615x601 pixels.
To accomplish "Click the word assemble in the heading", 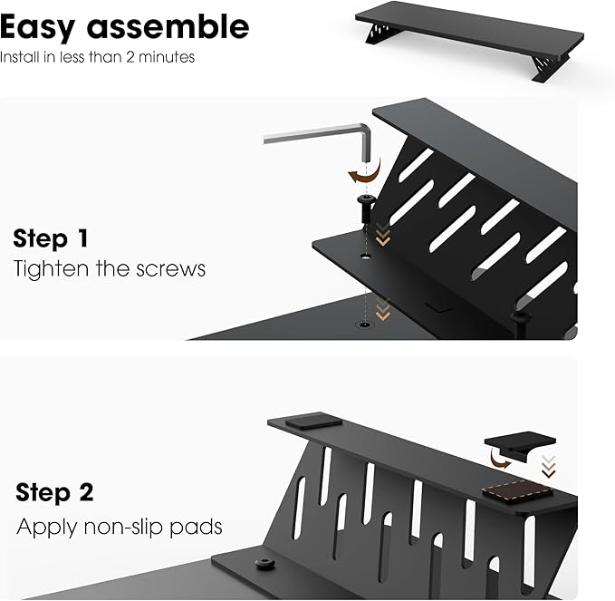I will point(169,27).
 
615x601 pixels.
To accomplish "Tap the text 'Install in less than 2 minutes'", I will point(97,57).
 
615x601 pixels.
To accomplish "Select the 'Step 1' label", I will point(51,239).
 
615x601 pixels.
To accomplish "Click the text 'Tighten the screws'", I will point(110,269).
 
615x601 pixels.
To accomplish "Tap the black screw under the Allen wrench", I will point(365,207).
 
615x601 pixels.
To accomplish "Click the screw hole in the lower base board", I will point(366,323).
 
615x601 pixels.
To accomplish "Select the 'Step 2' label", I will point(54,493).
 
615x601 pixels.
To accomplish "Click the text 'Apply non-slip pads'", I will point(119,526).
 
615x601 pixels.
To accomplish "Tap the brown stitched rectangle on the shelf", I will point(516,492).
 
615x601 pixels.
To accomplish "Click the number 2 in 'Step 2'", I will point(85,493).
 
